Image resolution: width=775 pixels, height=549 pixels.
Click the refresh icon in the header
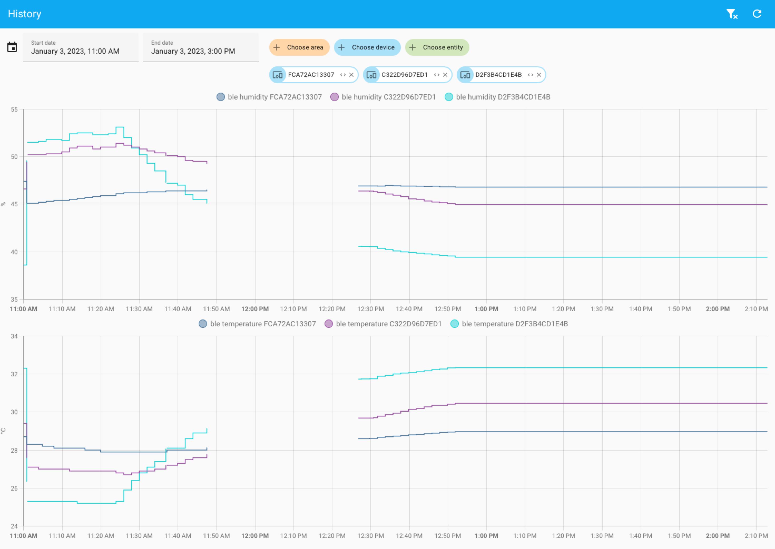coord(757,14)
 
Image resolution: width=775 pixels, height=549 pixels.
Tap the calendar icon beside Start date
coord(12,47)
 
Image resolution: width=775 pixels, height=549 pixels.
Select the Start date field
coord(81,47)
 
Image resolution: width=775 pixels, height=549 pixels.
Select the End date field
coord(201,47)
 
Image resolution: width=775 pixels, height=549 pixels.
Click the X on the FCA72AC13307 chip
coord(351,75)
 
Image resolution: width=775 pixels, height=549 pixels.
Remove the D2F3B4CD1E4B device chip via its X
coord(539,75)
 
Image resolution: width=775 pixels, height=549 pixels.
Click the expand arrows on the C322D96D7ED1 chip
coord(436,75)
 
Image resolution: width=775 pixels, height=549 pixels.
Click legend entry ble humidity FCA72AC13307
coord(269,97)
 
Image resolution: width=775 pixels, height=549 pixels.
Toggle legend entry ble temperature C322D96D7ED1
coord(383,324)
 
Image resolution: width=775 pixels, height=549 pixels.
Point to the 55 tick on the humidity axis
coord(14,109)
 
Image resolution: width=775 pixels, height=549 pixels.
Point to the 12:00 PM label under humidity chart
coord(255,309)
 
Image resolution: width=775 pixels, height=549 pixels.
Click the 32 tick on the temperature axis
coord(14,374)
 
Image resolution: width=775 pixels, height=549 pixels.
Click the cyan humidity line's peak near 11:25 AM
coord(120,127)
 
